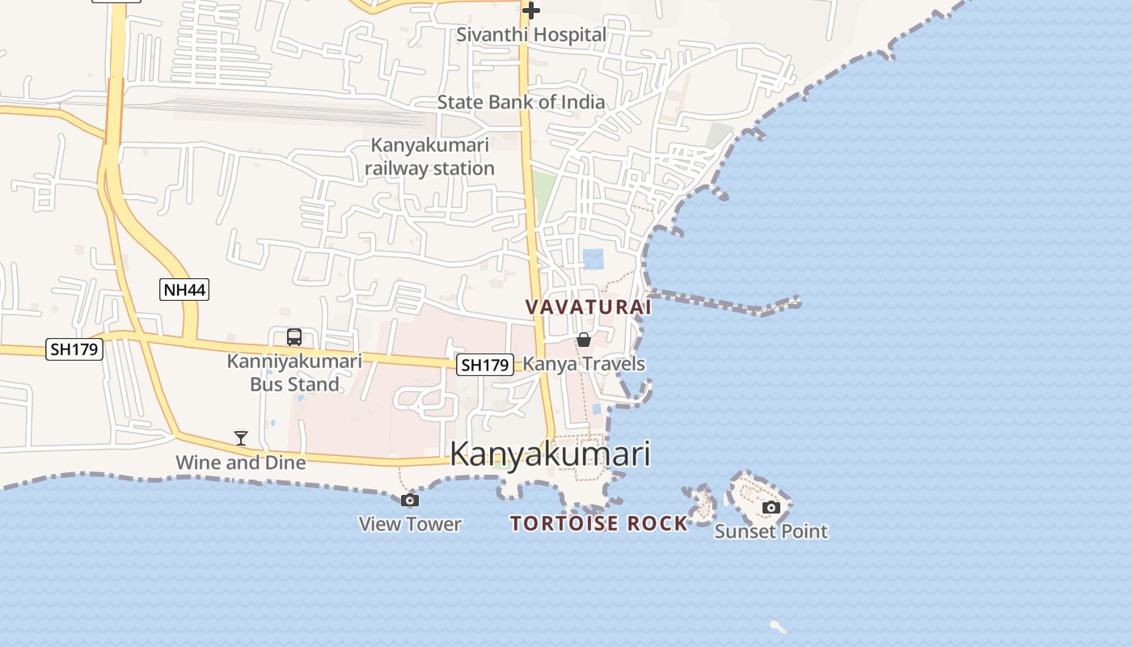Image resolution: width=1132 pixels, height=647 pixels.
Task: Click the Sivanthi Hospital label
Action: pyautogui.click(x=530, y=35)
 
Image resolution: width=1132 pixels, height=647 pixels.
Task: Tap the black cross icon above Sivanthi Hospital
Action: pyautogui.click(x=530, y=11)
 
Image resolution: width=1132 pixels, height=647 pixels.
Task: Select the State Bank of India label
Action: pyautogui.click(x=521, y=102)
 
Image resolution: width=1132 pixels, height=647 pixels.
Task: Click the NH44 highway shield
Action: pyautogui.click(x=184, y=290)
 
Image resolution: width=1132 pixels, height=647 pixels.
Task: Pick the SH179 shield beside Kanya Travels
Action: pyautogui.click(x=484, y=365)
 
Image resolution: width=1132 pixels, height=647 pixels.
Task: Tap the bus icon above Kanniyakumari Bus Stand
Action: pyautogui.click(x=294, y=337)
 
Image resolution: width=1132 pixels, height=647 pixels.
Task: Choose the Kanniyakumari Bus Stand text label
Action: pyautogui.click(x=294, y=373)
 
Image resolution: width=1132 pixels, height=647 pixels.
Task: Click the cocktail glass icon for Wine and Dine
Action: pyautogui.click(x=241, y=438)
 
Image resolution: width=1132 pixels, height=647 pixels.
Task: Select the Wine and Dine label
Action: pyautogui.click(x=241, y=463)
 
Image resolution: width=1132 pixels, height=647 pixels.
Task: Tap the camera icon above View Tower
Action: pyautogui.click(x=410, y=500)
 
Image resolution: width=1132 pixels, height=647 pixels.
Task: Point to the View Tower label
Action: pyautogui.click(x=410, y=524)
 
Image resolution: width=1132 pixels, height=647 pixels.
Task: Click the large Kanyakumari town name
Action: pyautogui.click(x=550, y=454)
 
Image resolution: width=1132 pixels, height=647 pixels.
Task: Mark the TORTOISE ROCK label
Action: pyautogui.click(x=598, y=523)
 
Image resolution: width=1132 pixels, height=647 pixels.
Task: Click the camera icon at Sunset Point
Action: pyautogui.click(x=771, y=507)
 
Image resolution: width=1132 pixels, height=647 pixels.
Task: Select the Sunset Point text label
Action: pyautogui.click(x=771, y=531)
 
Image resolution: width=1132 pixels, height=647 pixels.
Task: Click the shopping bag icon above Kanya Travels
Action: pyautogui.click(x=584, y=340)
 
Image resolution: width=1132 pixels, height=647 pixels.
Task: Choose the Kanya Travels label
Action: pyautogui.click(x=584, y=364)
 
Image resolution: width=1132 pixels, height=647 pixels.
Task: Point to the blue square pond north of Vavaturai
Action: pyautogui.click(x=593, y=259)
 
